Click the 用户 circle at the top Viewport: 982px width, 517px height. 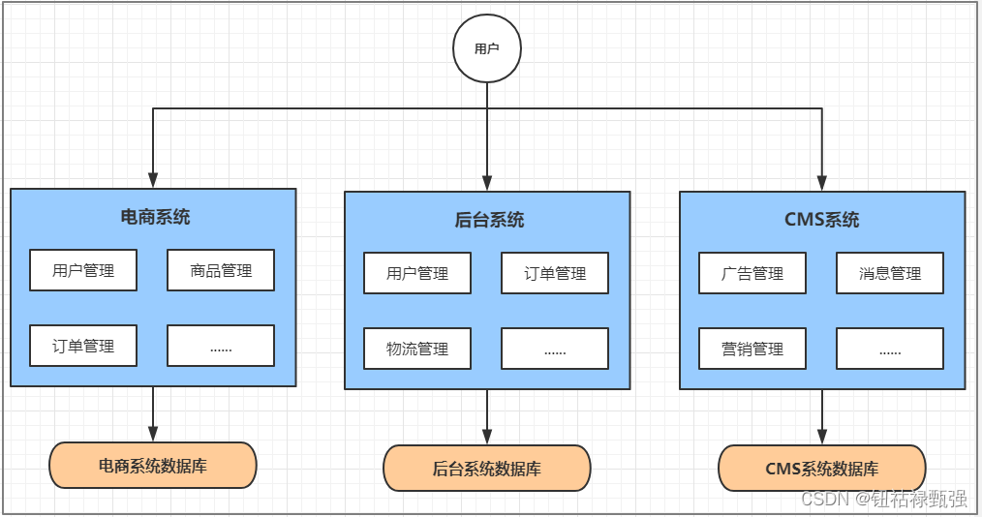(487, 47)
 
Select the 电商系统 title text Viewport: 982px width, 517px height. (155, 217)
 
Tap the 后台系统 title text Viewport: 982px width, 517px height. (489, 220)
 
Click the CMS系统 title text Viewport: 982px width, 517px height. (821, 220)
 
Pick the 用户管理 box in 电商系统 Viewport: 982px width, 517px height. (83, 270)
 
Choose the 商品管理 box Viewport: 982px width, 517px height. (221, 270)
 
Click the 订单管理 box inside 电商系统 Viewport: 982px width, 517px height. (83, 346)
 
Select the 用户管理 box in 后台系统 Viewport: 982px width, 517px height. (417, 273)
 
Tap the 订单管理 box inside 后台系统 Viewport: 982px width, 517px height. (555, 273)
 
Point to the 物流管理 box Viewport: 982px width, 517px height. (417, 349)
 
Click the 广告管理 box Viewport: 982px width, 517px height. (752, 273)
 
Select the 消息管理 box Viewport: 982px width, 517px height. (890, 273)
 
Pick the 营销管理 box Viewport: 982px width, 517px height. (752, 349)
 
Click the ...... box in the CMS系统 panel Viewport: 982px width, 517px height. (890, 349)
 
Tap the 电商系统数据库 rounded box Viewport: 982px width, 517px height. (153, 466)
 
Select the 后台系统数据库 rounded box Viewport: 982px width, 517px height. (487, 469)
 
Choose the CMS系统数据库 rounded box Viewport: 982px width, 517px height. (822, 469)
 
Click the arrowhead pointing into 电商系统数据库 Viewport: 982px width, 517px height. (153, 434)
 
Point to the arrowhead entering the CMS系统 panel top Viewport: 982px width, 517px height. (822, 182)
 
